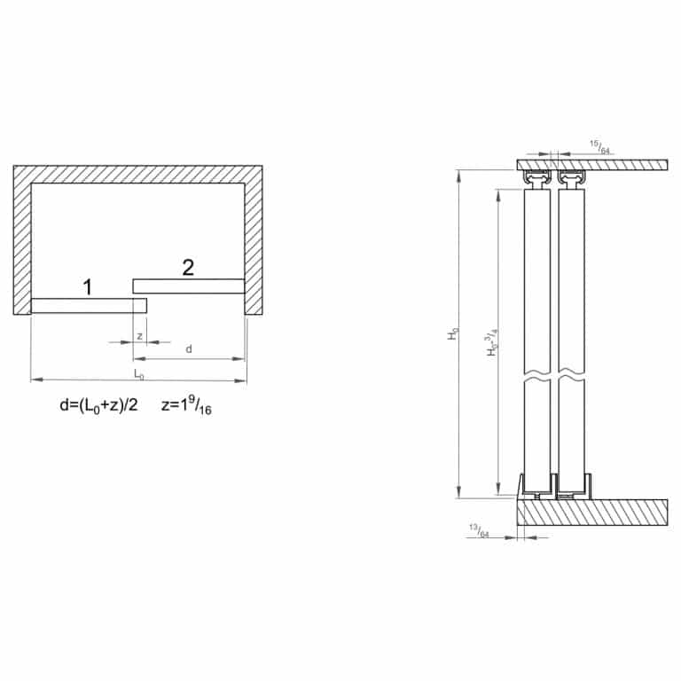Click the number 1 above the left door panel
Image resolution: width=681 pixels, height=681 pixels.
pos(87,286)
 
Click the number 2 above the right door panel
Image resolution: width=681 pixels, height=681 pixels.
pos(188,267)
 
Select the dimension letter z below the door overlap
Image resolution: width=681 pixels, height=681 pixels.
pos(140,336)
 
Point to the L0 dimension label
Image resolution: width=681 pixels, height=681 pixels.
pos(138,373)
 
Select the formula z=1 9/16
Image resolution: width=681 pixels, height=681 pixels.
pos(192,406)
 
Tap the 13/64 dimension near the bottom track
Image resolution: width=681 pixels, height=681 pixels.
pos(478,531)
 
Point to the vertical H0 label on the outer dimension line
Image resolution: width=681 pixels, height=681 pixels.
pos(452,334)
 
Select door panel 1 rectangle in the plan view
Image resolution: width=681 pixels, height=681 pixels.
pos(89,306)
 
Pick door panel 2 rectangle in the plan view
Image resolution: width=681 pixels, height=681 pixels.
pos(188,286)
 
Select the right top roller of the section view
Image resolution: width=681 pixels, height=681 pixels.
pos(572,182)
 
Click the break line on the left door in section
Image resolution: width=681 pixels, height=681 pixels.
pos(537,376)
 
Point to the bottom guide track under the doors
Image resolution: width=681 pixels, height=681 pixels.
pos(554,489)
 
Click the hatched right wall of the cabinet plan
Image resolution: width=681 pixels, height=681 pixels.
pos(254,239)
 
